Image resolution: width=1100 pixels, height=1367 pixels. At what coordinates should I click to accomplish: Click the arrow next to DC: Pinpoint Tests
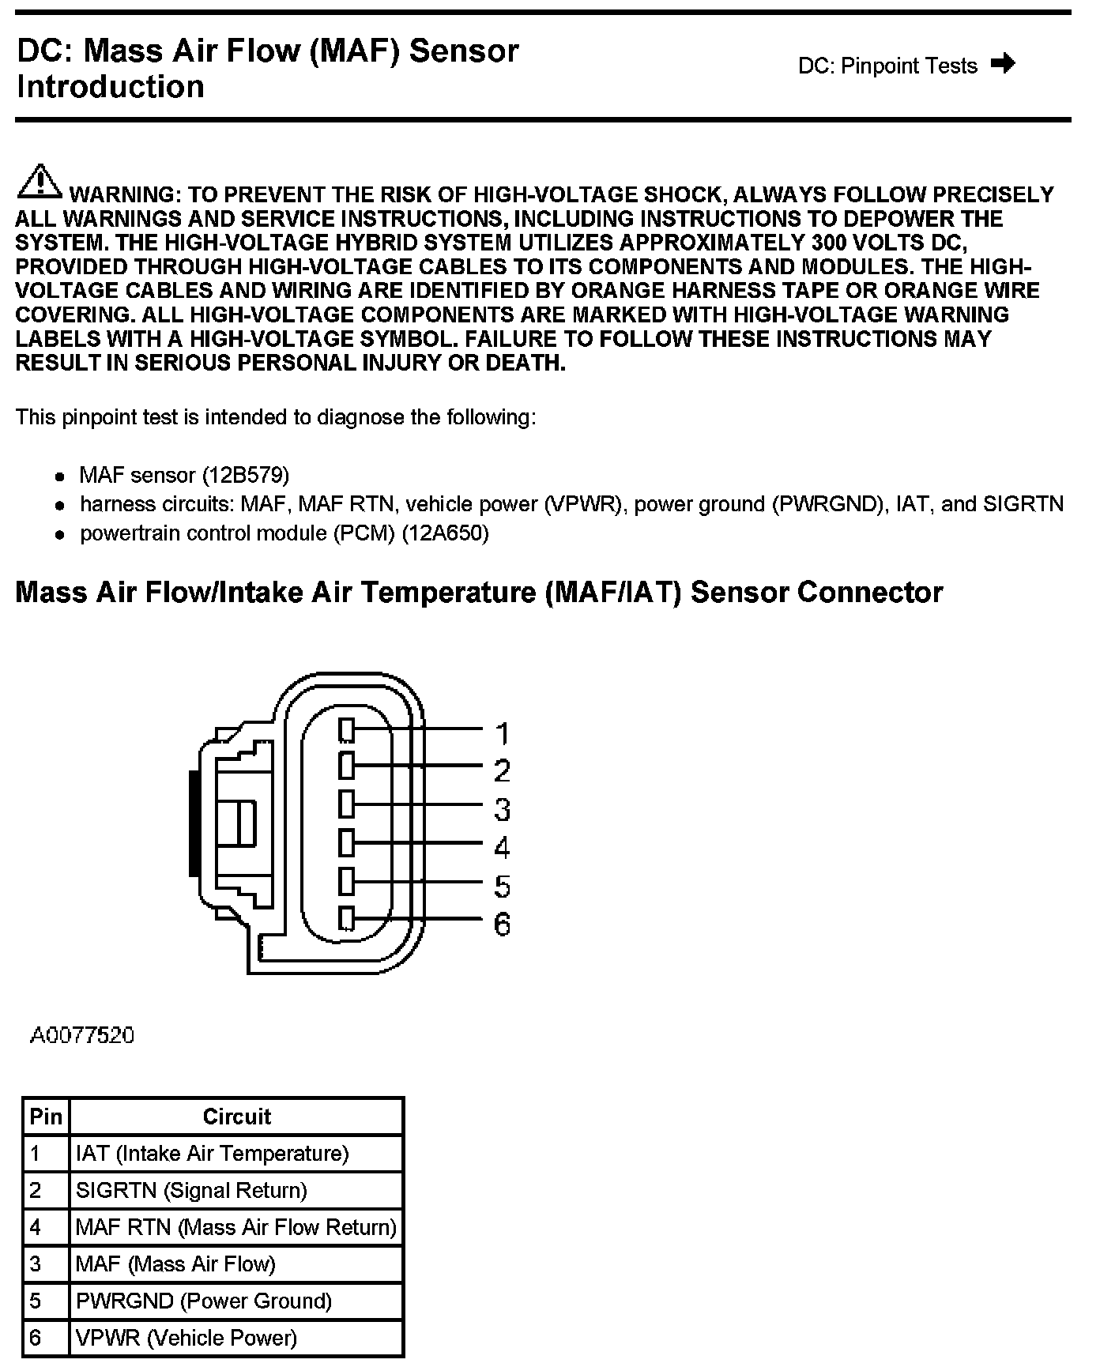1003,63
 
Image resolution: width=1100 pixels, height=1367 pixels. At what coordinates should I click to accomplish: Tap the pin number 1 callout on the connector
503,733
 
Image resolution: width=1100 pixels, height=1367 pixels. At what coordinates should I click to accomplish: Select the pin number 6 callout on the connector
503,924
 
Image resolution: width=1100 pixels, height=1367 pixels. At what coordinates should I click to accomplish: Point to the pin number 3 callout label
503,809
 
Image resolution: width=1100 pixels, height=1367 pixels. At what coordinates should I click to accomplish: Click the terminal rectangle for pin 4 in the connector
346,842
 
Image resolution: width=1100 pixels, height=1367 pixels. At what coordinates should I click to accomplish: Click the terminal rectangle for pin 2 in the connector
346,766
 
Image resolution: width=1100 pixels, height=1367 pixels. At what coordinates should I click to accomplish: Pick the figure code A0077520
82,1035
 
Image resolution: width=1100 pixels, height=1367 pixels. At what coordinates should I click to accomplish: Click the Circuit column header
236,1116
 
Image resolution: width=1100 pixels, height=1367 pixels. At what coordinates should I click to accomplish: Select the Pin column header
46,1116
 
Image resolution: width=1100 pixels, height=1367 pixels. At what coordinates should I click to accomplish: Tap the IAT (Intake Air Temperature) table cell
212,1153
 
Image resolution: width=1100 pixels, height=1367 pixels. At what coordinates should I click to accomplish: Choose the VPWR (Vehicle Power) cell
186,1338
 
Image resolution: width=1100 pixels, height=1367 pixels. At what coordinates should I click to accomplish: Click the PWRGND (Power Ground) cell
204,1301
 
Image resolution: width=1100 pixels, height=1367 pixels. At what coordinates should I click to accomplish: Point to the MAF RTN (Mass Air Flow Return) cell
235,1227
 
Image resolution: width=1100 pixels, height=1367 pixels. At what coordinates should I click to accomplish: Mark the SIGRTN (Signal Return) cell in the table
191,1190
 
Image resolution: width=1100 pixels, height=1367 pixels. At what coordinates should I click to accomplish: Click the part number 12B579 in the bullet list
246,475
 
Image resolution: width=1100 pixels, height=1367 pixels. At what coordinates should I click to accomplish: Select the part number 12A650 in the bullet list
446,533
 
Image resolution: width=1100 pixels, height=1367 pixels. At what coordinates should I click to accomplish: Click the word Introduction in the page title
111,86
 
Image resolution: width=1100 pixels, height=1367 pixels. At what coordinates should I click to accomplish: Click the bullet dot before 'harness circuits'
59,506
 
